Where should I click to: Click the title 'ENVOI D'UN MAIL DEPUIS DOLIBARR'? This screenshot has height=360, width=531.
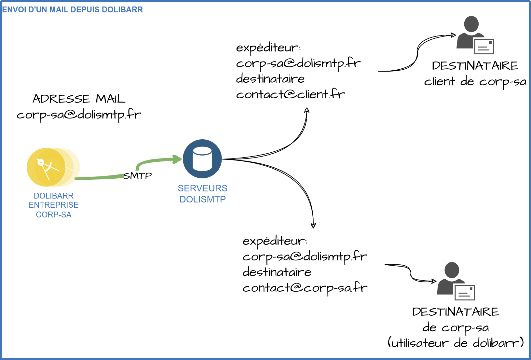pyautogui.click(x=73, y=10)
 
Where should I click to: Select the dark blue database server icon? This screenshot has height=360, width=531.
pyautogui.click(x=202, y=159)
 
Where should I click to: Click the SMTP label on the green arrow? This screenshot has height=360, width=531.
pyautogui.click(x=138, y=176)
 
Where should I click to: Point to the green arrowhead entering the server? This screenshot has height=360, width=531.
pyautogui.click(x=178, y=159)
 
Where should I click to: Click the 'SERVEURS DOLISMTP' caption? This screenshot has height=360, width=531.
pyautogui.click(x=202, y=194)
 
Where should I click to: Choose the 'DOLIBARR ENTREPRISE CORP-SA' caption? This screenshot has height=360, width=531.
pyautogui.click(x=54, y=205)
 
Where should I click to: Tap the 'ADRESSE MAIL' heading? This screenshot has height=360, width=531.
pyautogui.click(x=79, y=99)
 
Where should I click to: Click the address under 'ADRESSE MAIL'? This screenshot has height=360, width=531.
pyautogui.click(x=79, y=115)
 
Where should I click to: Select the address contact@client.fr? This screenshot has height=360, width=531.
pyautogui.click(x=290, y=94)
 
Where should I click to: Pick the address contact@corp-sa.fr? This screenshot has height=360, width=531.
pyautogui.click(x=305, y=288)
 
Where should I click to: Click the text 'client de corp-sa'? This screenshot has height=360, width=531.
pyautogui.click(x=475, y=82)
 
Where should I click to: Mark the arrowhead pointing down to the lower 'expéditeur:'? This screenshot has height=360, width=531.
pyautogui.click(x=313, y=226)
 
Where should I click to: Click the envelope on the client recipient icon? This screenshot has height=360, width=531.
pyautogui.click(x=484, y=47)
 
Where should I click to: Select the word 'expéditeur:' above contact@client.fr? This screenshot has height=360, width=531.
pyautogui.click(x=268, y=48)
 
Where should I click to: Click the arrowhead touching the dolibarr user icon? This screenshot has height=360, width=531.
pyautogui.click(x=434, y=281)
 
